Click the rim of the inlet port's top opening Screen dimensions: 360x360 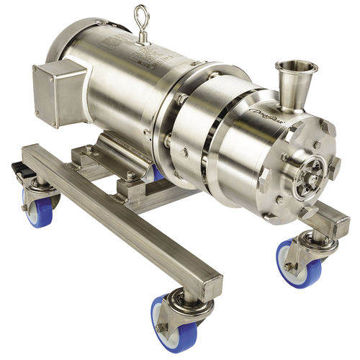pyautogui.click(x=297, y=66)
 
